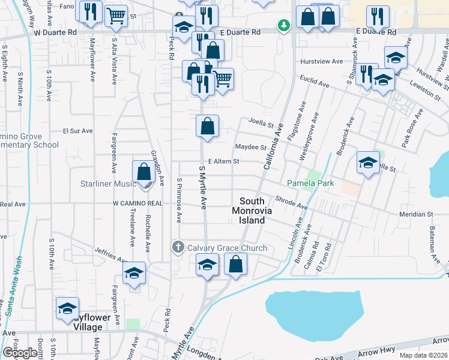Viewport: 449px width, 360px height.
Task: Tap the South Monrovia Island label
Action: click(x=252, y=211)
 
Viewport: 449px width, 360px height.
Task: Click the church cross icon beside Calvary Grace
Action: click(x=178, y=247)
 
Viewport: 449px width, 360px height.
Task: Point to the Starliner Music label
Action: click(x=113, y=182)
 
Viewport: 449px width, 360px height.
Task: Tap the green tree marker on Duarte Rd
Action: click(x=283, y=25)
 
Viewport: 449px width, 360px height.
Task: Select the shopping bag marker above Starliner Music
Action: click(x=144, y=172)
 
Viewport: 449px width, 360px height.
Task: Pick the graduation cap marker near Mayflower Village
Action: click(x=67, y=308)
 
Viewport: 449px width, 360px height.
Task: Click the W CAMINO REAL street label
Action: click(x=138, y=203)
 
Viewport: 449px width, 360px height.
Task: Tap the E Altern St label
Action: click(x=223, y=161)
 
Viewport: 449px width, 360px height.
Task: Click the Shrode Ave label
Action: click(x=291, y=203)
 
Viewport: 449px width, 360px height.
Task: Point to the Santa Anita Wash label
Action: click(x=13, y=286)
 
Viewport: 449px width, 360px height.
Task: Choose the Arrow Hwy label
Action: click(x=379, y=350)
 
